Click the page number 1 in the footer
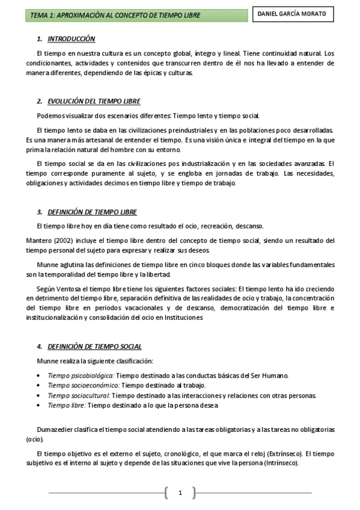(x=180, y=493)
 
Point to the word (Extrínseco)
(x=285, y=453)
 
